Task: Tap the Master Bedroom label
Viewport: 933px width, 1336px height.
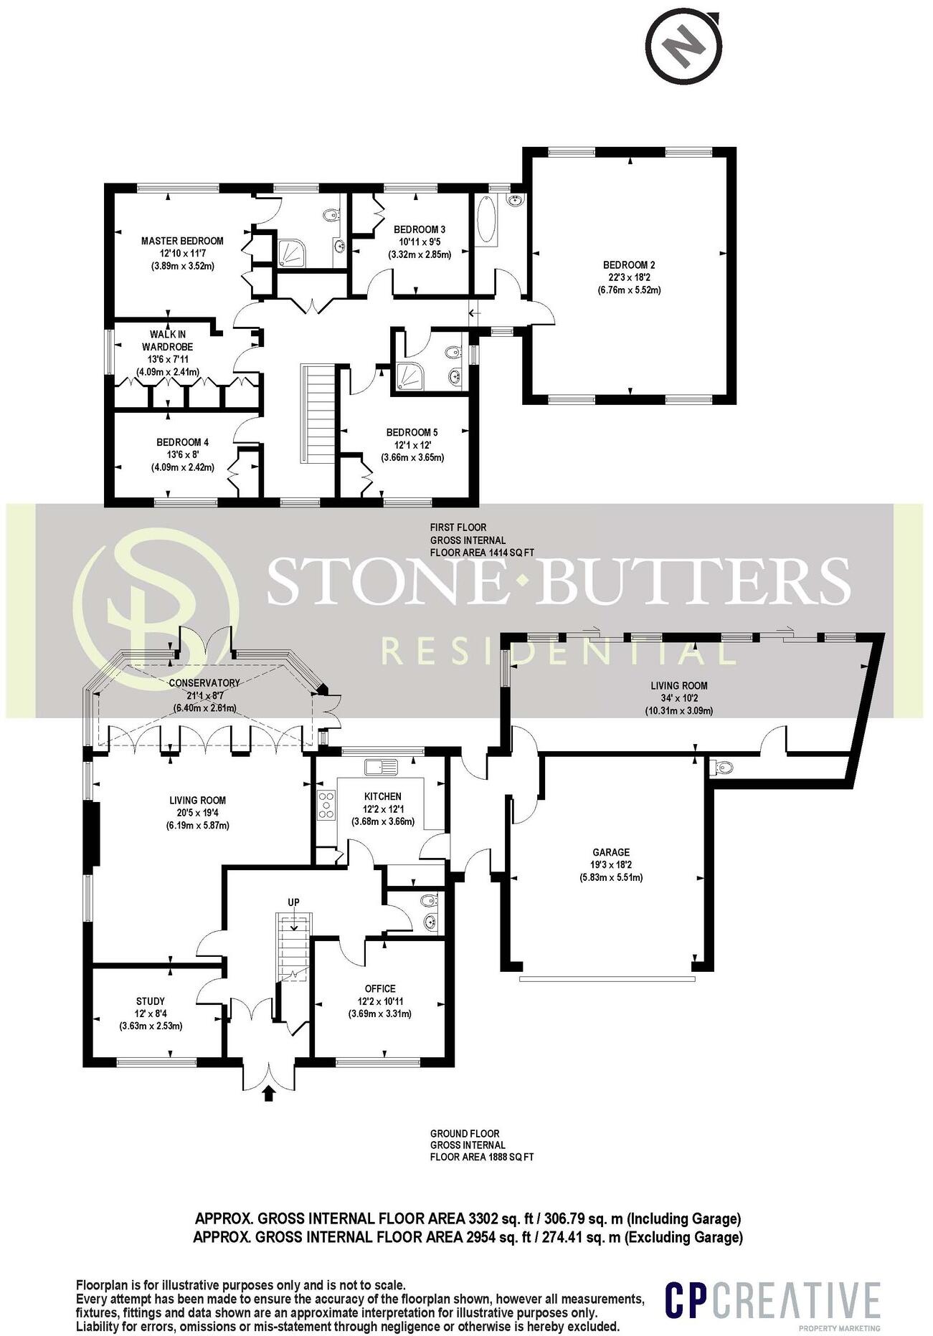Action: point(182,241)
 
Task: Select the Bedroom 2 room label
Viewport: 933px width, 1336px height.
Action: point(629,265)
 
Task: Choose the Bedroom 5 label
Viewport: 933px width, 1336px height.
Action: point(412,432)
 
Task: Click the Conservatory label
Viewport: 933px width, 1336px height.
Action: point(204,682)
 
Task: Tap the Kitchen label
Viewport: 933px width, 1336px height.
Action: point(383,796)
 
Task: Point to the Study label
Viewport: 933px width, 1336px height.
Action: point(151,1001)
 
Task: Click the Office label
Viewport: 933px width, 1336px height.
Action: point(380,989)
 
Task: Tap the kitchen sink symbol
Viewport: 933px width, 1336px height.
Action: point(381,767)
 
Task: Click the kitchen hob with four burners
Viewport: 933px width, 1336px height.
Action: point(327,804)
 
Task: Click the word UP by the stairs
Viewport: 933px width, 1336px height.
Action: point(293,902)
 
